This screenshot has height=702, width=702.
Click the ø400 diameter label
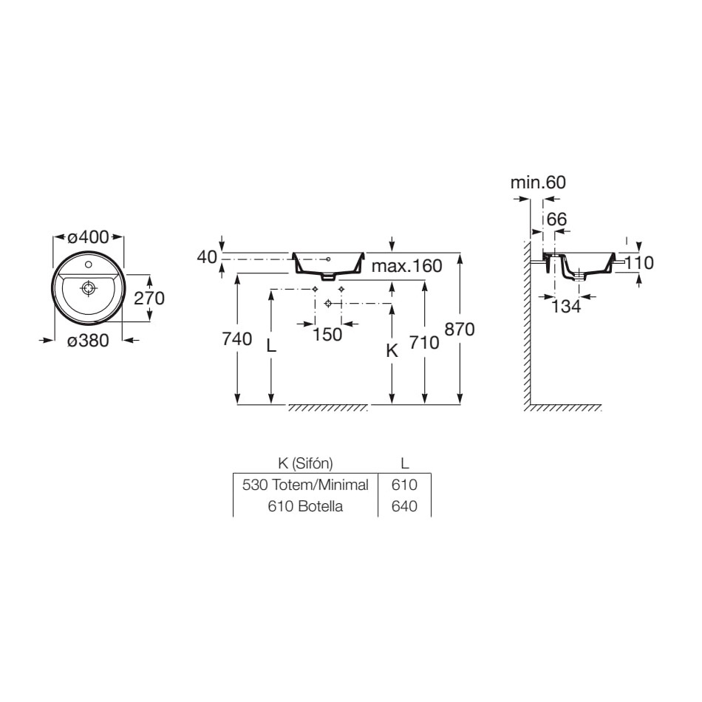(x=88, y=237)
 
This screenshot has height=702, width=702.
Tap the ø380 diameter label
(x=88, y=341)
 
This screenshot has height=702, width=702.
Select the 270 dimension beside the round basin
(x=149, y=299)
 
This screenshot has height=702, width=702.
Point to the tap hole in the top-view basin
(x=88, y=265)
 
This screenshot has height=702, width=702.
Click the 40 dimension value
(x=207, y=257)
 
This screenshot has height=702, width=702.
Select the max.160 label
(x=407, y=266)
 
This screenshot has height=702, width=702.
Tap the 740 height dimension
(x=237, y=339)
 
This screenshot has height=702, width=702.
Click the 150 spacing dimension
(x=327, y=335)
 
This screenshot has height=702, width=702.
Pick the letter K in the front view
(x=392, y=351)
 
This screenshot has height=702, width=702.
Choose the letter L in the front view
(x=271, y=346)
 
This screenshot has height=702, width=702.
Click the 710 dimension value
(x=424, y=343)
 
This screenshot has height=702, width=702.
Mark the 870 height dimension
(x=460, y=330)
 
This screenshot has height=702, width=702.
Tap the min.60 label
(x=538, y=183)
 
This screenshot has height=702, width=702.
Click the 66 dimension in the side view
(x=557, y=219)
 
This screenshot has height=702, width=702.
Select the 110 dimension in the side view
(x=639, y=263)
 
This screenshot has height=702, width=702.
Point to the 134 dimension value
(x=566, y=307)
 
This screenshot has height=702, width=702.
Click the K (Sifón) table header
(x=305, y=463)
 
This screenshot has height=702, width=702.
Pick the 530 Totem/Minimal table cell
(x=305, y=485)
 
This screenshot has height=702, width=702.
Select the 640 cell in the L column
(x=404, y=506)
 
